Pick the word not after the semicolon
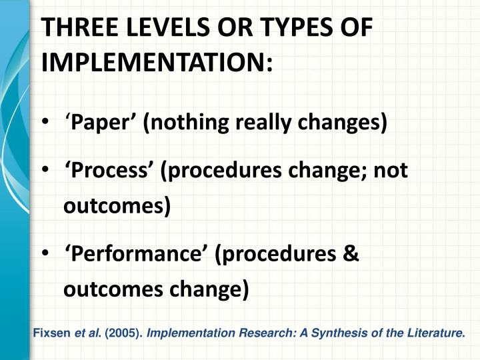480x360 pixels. point(390,171)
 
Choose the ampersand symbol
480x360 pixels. point(351,255)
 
